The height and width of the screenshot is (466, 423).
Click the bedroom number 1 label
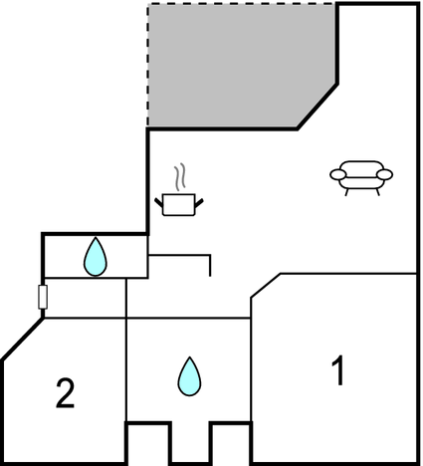(x=338, y=370)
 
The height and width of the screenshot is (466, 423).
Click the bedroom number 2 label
(x=65, y=393)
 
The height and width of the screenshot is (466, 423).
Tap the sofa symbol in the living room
(x=361, y=177)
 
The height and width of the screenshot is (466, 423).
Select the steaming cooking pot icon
(x=179, y=190)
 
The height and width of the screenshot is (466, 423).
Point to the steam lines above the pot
(x=180, y=176)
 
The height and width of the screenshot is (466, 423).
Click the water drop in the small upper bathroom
(x=96, y=257)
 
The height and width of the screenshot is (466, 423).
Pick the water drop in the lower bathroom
(x=189, y=376)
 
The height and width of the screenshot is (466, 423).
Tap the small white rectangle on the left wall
(x=43, y=297)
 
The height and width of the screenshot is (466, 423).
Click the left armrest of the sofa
(x=338, y=174)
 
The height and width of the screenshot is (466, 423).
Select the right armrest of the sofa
(x=385, y=174)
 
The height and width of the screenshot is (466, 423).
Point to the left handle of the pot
(x=159, y=202)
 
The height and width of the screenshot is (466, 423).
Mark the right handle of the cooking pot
(x=199, y=202)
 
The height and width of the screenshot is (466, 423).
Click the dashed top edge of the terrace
(x=242, y=4)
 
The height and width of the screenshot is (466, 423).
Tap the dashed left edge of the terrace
(x=148, y=66)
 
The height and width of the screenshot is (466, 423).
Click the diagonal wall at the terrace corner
(x=317, y=107)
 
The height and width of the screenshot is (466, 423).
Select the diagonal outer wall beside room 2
(x=23, y=339)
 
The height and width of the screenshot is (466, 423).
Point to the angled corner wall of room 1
(x=266, y=286)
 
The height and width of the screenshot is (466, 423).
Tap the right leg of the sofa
(x=377, y=192)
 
